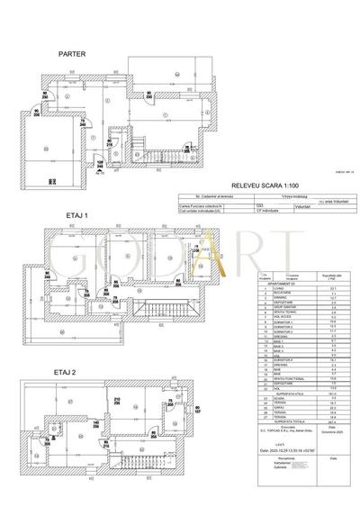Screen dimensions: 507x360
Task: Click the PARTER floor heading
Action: point(72,54)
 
